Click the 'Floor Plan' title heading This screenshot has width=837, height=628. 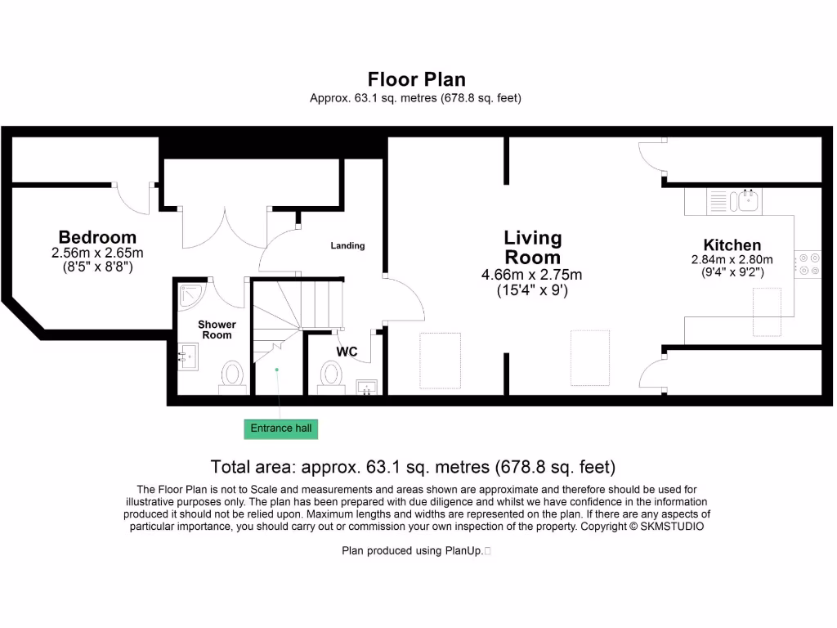416,79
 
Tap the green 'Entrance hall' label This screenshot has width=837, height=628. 280,428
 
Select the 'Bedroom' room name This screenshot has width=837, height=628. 97,238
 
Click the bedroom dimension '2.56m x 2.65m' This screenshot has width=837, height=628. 97,253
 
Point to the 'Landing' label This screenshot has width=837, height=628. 347,245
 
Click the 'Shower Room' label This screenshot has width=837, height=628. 217,330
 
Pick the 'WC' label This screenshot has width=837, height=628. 347,352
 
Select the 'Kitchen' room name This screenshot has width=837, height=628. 732,244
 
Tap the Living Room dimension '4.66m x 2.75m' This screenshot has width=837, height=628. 532,275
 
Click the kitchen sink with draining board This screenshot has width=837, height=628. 734,201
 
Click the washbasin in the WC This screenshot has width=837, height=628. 367,387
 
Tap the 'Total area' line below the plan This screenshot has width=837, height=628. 413,467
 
